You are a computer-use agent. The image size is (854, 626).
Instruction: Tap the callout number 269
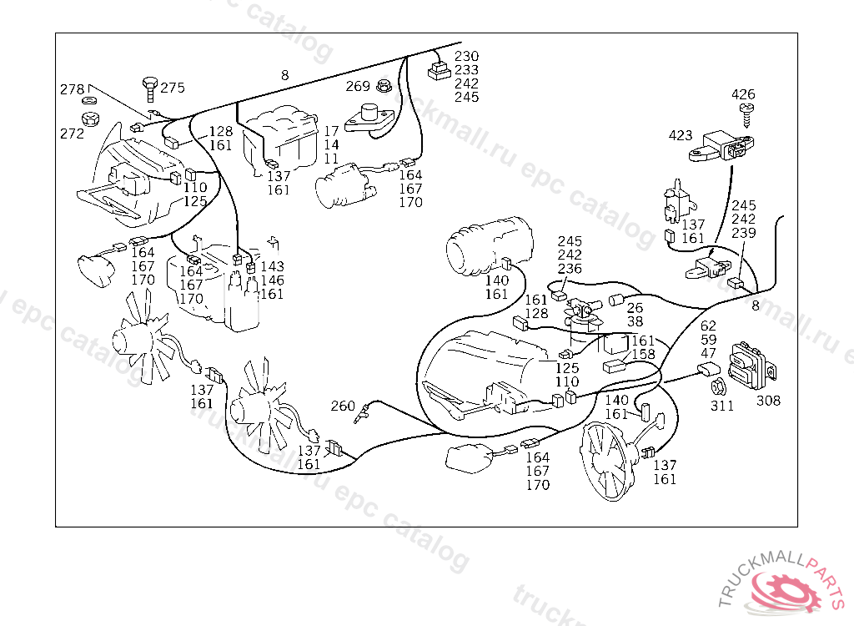[358, 86]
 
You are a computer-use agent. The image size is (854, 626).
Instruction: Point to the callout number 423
[681, 134]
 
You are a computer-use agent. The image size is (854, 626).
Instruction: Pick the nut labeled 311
[716, 388]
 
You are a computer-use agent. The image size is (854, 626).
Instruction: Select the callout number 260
[343, 406]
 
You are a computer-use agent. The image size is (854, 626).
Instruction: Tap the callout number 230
[467, 57]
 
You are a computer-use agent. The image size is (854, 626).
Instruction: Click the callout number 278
[72, 89]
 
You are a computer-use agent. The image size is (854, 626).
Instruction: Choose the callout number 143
[273, 267]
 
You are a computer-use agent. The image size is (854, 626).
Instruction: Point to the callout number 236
[570, 269]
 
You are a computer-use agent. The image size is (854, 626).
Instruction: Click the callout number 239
[744, 233]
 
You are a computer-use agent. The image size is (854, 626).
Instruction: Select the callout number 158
[643, 355]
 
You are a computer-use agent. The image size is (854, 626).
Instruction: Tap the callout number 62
[708, 326]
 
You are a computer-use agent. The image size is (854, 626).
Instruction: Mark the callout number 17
[331, 132]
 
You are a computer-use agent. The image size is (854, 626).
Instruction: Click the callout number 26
[635, 308]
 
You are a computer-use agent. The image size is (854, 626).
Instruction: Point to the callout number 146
[273, 280]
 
